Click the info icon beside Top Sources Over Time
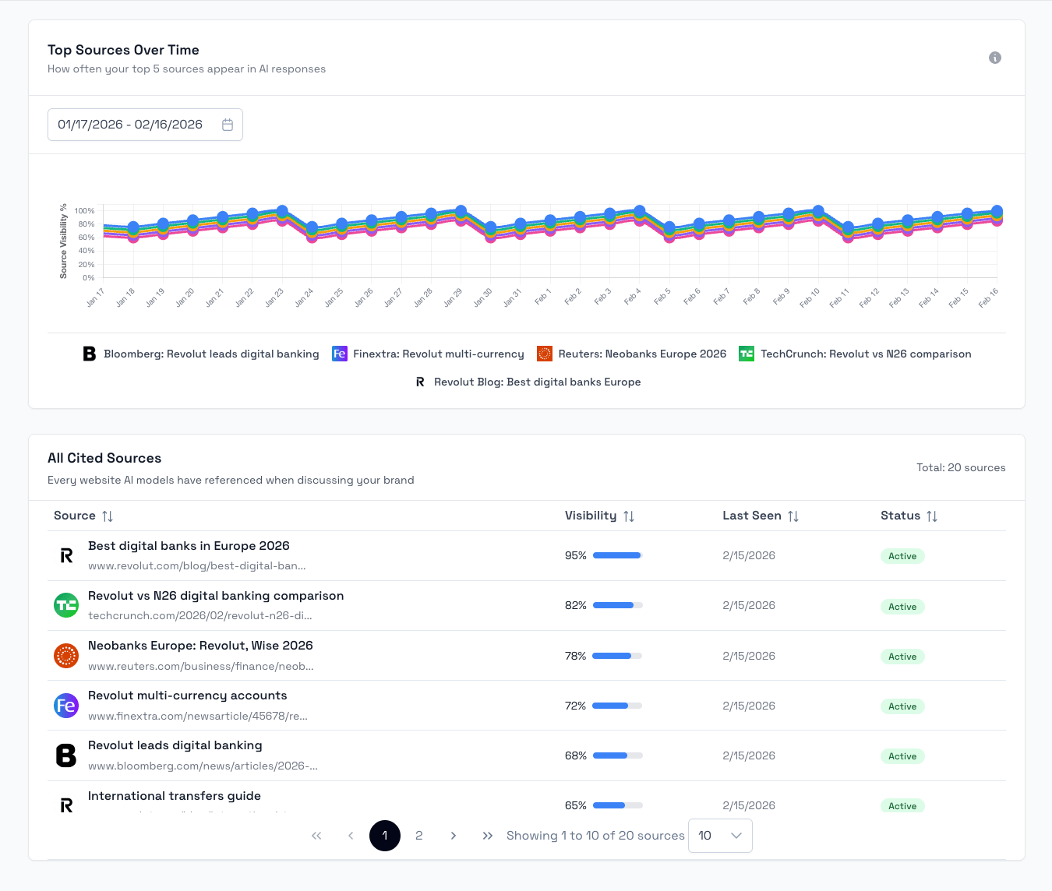tap(994, 58)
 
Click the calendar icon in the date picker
tap(228, 125)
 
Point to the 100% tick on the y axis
tap(84, 211)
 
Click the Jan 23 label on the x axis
tap(274, 298)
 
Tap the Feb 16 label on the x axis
tap(989, 298)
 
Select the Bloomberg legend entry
tap(201, 354)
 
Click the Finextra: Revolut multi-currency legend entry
tap(428, 354)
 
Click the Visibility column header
tap(591, 516)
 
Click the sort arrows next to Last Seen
tap(793, 516)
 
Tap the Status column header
tap(901, 516)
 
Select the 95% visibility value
tap(575, 555)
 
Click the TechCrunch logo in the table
tap(66, 605)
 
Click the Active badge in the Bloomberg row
tap(902, 756)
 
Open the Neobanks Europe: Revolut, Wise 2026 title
tap(200, 646)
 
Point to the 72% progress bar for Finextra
tap(617, 706)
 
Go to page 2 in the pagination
tap(419, 836)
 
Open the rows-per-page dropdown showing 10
tap(720, 836)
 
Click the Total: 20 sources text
tap(961, 467)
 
